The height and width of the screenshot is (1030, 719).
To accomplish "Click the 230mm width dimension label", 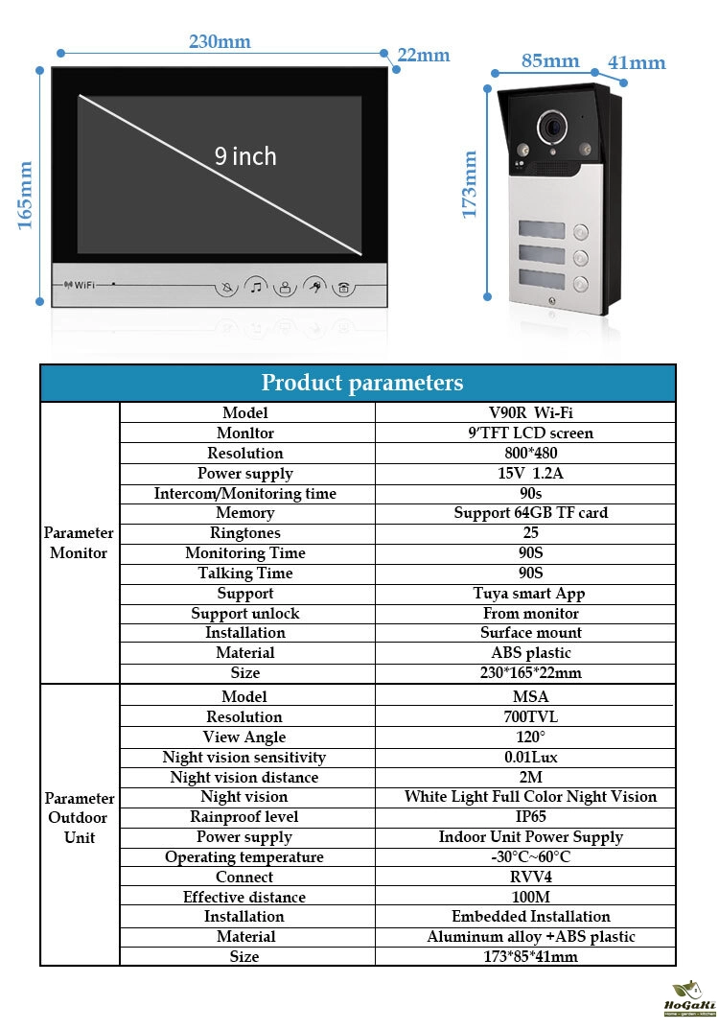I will pyautogui.click(x=220, y=41).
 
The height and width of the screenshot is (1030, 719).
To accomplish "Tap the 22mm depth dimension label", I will pyautogui.click(x=424, y=55).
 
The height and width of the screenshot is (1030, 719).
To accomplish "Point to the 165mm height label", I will pyautogui.click(x=26, y=195).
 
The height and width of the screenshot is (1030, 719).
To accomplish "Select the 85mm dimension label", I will pyautogui.click(x=550, y=61).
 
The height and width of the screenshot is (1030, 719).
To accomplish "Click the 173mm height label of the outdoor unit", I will pyautogui.click(x=470, y=184).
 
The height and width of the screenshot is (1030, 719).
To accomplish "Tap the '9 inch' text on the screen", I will pyautogui.click(x=245, y=156).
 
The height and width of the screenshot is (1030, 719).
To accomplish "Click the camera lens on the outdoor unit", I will pyautogui.click(x=551, y=125).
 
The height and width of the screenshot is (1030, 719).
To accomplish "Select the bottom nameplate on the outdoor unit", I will pyautogui.click(x=544, y=284).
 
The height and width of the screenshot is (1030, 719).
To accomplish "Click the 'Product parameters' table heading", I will pyautogui.click(x=361, y=384).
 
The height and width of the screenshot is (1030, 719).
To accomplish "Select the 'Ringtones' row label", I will pyautogui.click(x=245, y=533).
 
